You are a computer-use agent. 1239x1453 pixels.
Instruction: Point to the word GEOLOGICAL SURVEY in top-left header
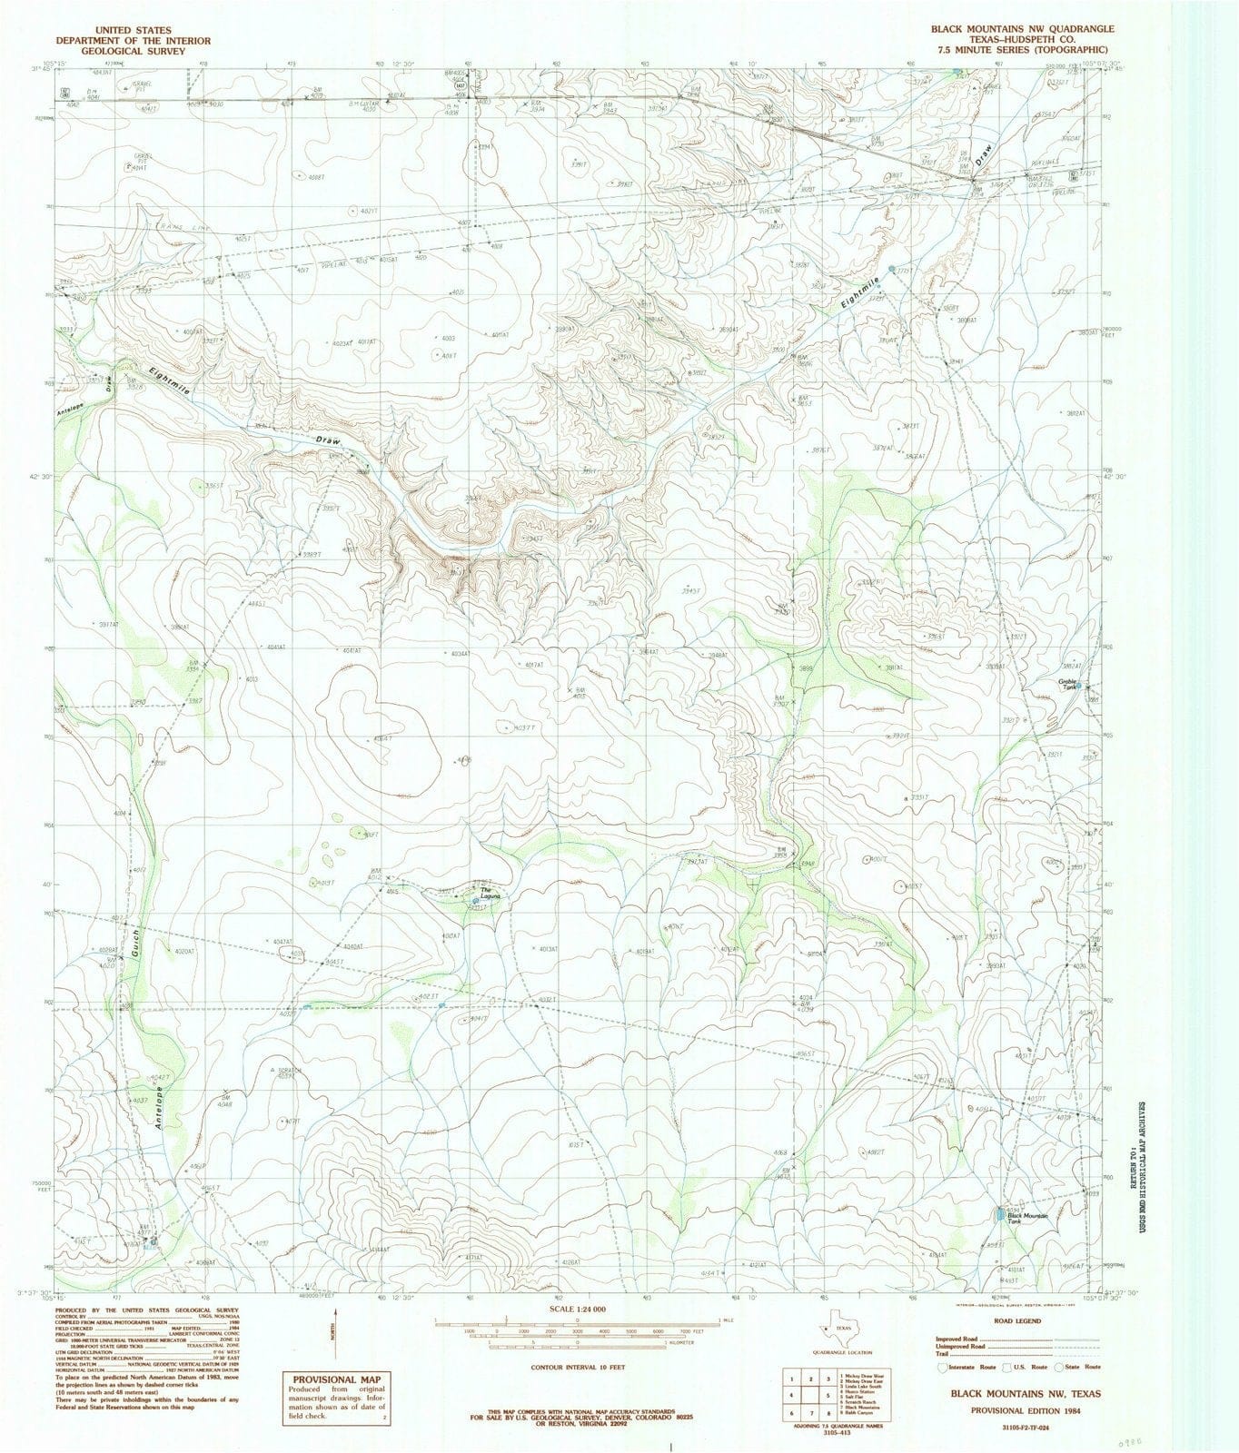(120, 52)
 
